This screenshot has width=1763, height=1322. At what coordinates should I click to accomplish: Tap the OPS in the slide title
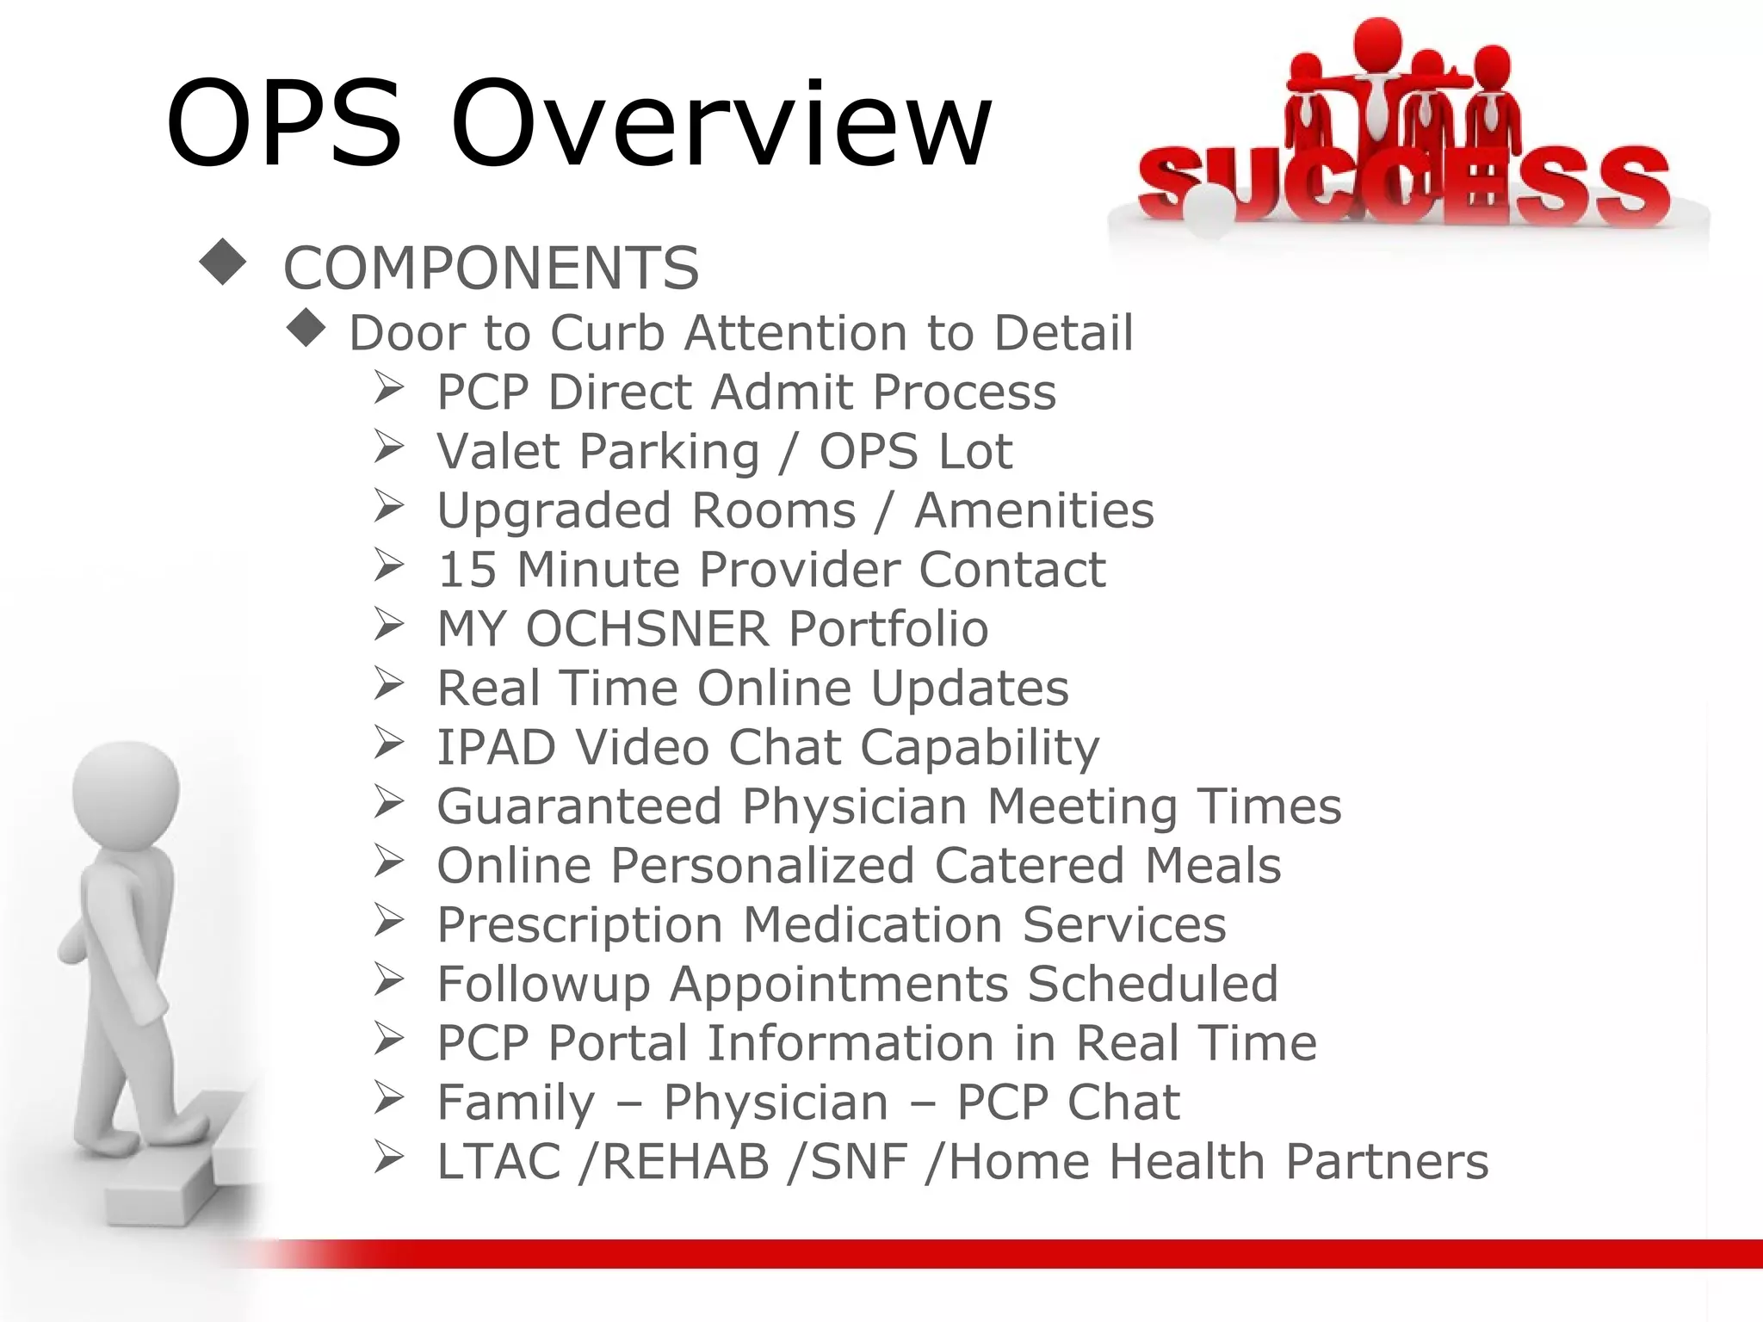click(x=284, y=125)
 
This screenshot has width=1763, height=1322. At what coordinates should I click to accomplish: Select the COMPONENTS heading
click(x=491, y=269)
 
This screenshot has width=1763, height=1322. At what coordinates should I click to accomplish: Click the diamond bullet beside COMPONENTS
click(x=222, y=262)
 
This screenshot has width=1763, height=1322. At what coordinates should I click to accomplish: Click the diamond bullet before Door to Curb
click(x=306, y=328)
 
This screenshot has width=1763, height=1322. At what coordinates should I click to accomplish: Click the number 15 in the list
click(x=467, y=570)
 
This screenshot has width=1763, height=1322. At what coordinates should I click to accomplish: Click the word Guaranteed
click(x=579, y=806)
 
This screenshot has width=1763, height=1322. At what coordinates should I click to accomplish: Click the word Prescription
click(x=579, y=926)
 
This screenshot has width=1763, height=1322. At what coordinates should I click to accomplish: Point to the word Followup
click(x=543, y=985)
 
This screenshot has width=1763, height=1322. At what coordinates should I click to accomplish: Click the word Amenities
click(x=1034, y=510)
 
